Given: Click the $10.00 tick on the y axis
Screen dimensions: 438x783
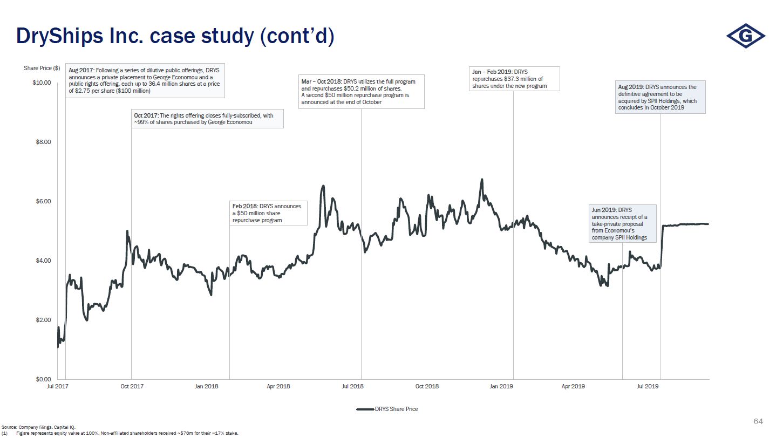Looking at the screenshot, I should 42,83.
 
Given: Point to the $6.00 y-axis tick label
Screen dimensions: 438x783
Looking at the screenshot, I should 43,201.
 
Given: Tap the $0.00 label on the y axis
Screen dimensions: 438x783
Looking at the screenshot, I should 43,379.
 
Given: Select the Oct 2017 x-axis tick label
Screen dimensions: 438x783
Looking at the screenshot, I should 132,386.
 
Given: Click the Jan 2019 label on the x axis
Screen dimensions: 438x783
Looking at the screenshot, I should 501,386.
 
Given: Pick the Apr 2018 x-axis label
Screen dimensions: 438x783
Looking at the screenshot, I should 278,386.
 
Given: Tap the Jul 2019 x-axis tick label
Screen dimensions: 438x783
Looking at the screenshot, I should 648,386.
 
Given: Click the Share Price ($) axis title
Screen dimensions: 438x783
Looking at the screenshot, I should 42,69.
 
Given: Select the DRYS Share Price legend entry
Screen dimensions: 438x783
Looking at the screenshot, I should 387,409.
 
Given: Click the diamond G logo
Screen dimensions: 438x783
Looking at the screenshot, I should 745,36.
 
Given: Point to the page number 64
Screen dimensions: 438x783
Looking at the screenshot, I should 758,421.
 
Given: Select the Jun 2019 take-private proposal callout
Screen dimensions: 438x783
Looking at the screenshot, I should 622,223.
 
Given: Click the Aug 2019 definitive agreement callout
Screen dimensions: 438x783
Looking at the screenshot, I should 661,97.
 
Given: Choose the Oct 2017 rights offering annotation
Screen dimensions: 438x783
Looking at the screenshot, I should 207,119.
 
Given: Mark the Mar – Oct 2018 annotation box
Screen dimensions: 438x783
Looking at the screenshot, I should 362,92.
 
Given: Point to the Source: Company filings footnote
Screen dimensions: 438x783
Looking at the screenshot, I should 38,427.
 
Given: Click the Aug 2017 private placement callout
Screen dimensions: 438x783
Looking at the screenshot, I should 146,81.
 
